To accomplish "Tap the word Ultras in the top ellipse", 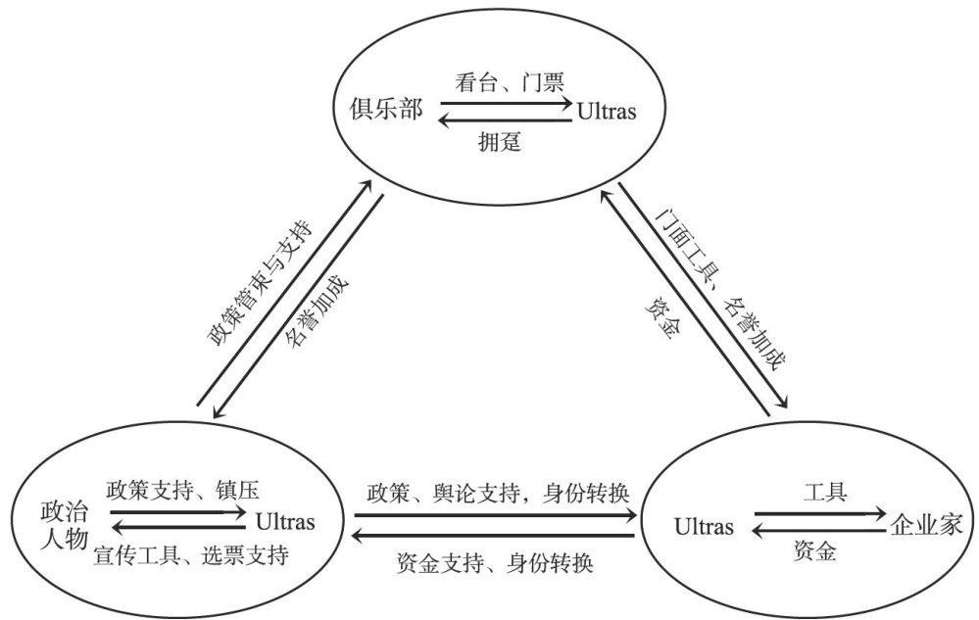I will point(608,112).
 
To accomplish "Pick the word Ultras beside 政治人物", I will point(285,521).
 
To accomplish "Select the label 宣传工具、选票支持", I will point(191,557).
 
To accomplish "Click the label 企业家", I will point(926,525).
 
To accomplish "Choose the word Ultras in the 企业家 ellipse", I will point(705,527).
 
